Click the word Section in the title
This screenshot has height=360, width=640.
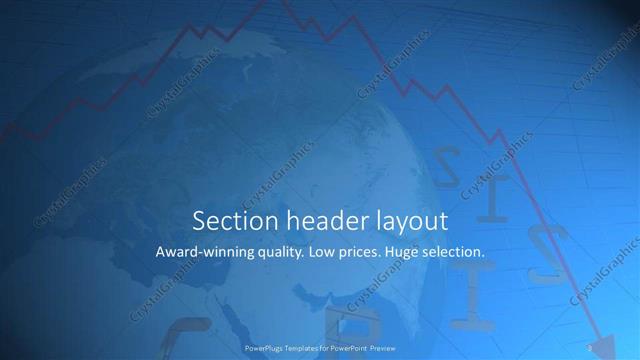pos(228,220)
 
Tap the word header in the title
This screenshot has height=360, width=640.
pos(313,220)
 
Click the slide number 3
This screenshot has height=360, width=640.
pos(590,348)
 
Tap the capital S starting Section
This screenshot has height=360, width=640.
pos(198,220)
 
